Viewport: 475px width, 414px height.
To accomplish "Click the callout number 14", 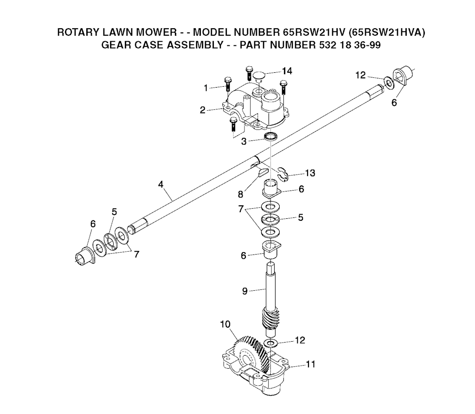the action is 287,71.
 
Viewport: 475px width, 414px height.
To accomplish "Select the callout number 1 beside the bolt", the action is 205,88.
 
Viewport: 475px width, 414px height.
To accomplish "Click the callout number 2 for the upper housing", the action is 203,110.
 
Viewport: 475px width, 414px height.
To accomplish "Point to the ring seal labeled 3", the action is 271,136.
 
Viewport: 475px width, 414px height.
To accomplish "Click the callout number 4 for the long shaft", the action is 160,185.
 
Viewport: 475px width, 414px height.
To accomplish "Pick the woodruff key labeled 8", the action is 260,172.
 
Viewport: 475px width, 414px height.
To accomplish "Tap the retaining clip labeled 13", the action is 283,175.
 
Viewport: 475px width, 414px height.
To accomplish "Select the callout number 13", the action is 310,173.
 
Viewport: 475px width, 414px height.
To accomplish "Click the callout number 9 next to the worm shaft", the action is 245,291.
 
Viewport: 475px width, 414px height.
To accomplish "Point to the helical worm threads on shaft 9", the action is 270,319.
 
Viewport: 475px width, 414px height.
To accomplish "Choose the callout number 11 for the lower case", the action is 310,364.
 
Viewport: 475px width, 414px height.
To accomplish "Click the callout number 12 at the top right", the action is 360,75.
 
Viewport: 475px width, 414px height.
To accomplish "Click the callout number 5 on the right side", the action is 301,217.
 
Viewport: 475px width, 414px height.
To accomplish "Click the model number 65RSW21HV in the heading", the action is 315,32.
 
